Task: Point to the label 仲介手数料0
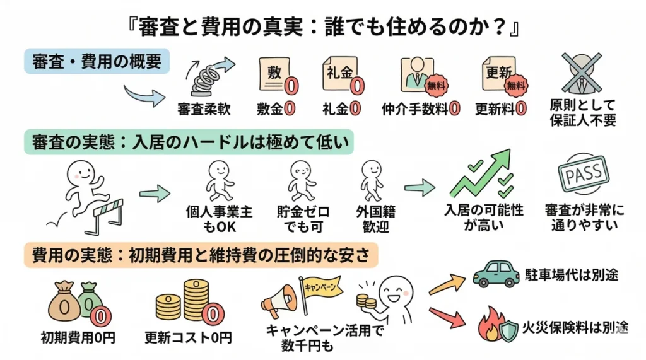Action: click(420, 108)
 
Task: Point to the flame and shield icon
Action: click(495, 325)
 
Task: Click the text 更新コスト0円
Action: click(188, 337)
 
